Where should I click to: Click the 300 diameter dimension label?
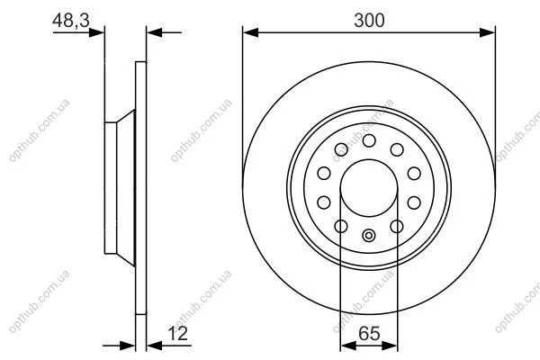click(369, 21)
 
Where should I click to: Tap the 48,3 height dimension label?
click(71, 21)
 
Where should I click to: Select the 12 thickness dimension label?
click(178, 334)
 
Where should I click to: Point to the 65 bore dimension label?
click(369, 334)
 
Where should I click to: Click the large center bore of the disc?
click(369, 188)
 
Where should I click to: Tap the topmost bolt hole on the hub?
click(369, 140)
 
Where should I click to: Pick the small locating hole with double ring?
click(369, 236)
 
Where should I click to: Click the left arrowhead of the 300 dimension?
click(250, 32)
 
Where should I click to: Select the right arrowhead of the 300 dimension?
click(487, 32)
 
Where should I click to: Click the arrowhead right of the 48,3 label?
click(96, 32)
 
